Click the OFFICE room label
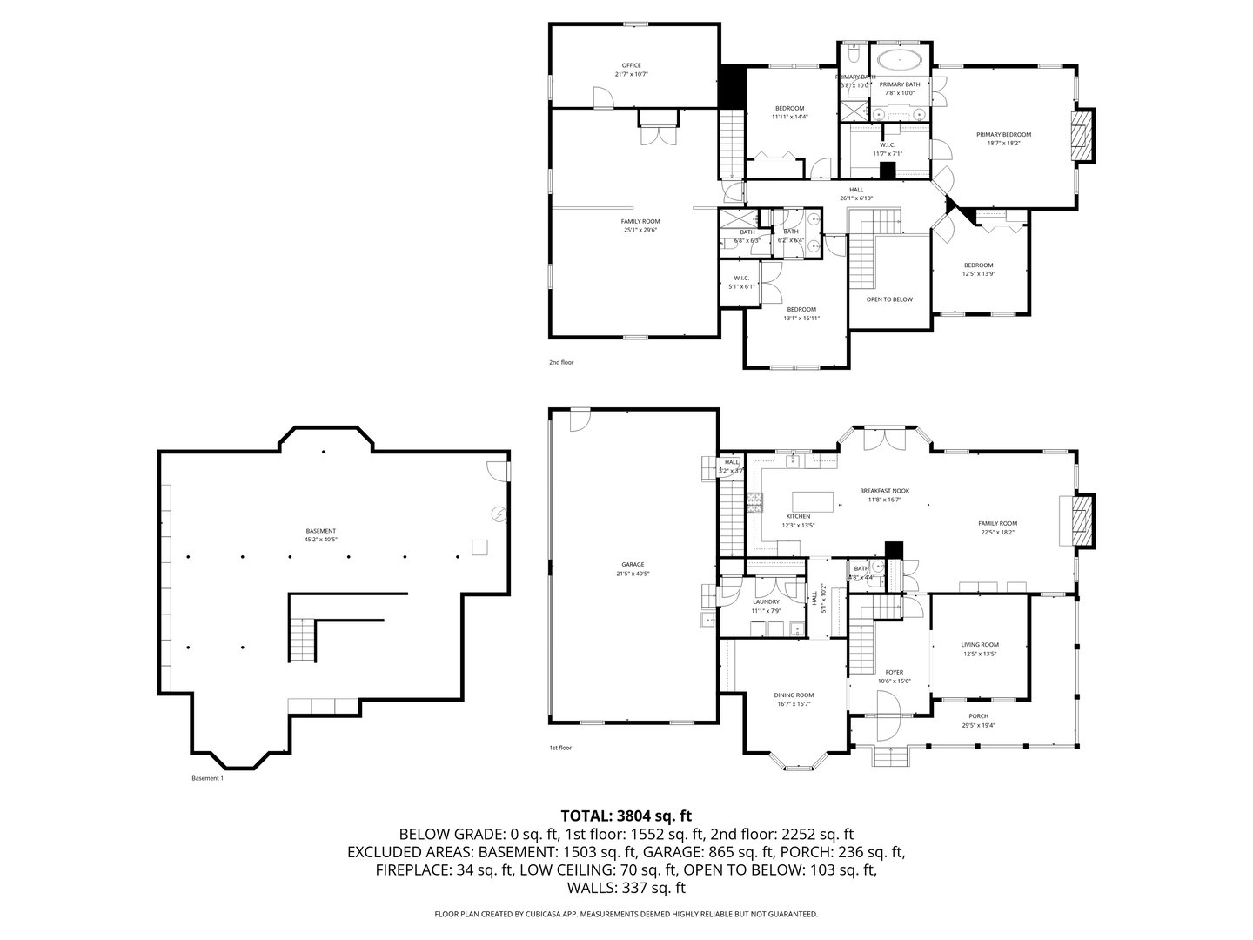(x=631, y=65)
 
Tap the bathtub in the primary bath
(x=900, y=60)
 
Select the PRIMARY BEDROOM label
(x=1003, y=135)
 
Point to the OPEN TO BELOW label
(x=889, y=299)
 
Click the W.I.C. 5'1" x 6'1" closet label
(x=741, y=279)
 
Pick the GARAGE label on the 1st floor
(x=633, y=564)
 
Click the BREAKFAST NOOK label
(x=883, y=491)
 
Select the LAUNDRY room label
(x=766, y=601)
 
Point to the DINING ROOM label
(x=794, y=695)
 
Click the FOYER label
(x=894, y=672)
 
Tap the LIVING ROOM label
(x=980, y=645)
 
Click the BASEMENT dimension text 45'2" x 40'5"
(x=320, y=540)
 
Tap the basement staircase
(x=301, y=639)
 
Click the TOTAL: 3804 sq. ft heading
(x=626, y=816)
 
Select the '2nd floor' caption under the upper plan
(x=560, y=362)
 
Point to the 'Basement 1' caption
(x=207, y=778)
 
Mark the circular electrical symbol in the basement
(x=499, y=514)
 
